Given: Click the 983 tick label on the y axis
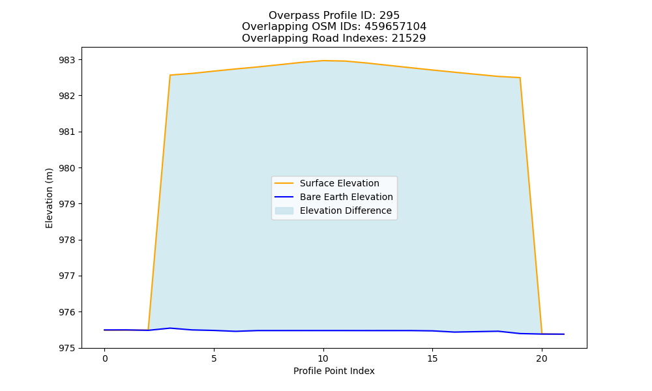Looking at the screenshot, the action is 67,60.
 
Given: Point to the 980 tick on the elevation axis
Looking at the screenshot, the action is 67,168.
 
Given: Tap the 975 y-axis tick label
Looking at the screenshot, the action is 67,348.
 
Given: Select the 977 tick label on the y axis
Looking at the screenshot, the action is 67,276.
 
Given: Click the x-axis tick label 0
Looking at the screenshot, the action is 105,358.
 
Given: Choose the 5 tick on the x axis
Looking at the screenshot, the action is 214,358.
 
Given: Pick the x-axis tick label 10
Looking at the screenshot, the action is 323,358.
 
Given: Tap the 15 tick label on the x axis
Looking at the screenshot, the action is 432,358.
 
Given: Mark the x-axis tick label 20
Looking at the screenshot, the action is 541,358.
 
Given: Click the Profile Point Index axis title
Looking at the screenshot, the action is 334,371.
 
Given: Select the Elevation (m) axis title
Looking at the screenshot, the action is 49,198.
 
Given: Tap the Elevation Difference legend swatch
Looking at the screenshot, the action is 284,210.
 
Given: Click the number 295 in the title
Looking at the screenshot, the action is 390,16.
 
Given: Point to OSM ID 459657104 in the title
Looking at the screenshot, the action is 396,27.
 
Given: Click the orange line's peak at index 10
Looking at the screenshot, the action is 323,61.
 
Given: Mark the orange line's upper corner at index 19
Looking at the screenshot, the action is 520,78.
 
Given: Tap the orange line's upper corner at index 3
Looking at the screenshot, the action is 170,75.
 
